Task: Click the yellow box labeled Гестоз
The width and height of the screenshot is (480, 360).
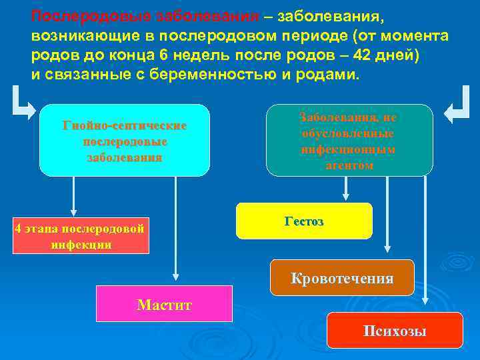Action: click(x=304, y=221)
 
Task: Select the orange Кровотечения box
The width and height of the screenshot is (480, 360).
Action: click(x=341, y=277)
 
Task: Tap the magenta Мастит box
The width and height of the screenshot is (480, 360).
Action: click(x=164, y=304)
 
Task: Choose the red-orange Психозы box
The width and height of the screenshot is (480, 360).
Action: click(x=395, y=330)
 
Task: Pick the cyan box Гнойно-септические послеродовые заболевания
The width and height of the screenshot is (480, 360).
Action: click(x=124, y=140)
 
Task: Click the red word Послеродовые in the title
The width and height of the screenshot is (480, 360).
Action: click(x=78, y=15)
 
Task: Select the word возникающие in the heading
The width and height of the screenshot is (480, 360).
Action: click(x=75, y=35)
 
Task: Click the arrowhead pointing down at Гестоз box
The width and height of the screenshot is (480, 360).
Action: click(x=345, y=197)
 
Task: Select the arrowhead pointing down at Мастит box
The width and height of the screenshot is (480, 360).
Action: click(x=175, y=275)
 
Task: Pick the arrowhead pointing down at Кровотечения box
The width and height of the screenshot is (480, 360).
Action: click(x=389, y=253)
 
